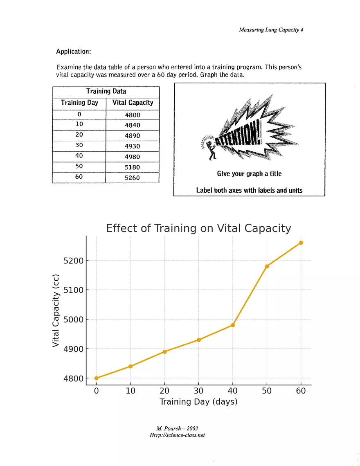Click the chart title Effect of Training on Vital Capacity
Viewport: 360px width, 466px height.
(x=198, y=228)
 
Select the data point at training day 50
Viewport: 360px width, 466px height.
(x=267, y=266)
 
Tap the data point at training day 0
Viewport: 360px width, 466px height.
(x=96, y=378)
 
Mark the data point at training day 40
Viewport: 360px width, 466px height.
(x=233, y=325)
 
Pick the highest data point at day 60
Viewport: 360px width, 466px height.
(x=301, y=243)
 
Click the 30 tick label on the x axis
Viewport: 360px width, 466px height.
(x=198, y=391)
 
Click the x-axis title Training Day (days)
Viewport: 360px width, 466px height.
(x=198, y=402)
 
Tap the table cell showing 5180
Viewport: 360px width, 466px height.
(x=132, y=167)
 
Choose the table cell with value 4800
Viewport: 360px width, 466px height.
(x=132, y=115)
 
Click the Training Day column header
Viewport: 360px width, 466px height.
(x=79, y=103)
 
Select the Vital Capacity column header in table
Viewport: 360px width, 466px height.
(x=133, y=103)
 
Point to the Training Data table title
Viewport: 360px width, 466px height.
(x=106, y=92)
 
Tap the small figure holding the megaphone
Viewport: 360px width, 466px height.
(x=211, y=149)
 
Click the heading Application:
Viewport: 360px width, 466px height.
(x=74, y=52)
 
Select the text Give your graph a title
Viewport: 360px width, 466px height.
(x=249, y=174)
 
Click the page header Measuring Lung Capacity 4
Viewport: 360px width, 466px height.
(x=271, y=29)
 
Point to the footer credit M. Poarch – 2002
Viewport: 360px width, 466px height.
(x=178, y=429)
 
